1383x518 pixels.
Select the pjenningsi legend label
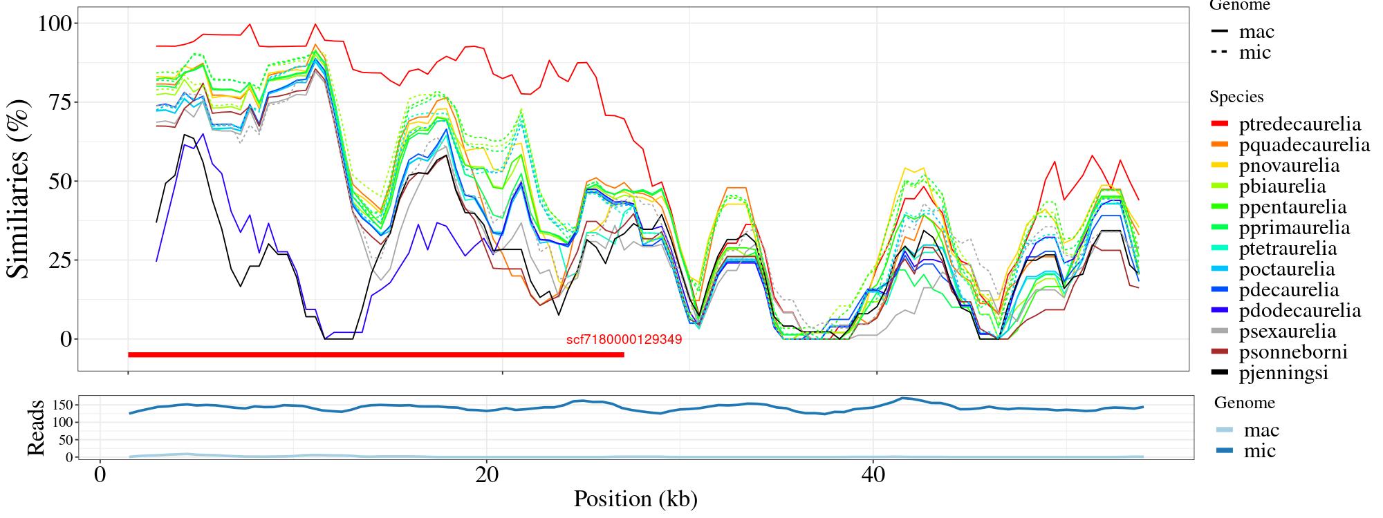(1283, 373)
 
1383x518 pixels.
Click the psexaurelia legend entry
(1288, 332)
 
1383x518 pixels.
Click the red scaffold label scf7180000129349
(624, 340)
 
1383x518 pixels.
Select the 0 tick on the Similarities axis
(66, 339)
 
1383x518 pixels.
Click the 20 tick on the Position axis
(487, 476)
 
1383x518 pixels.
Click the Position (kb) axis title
(635, 499)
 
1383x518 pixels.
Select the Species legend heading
(1236, 97)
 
